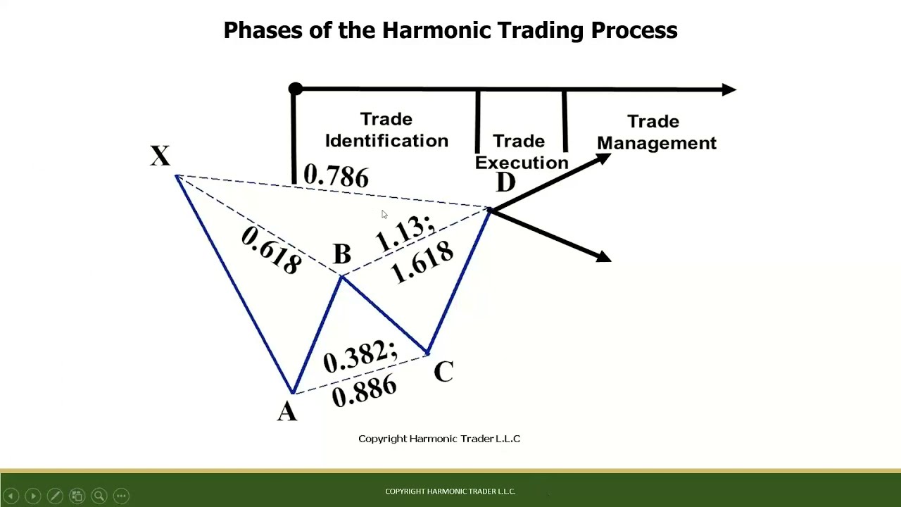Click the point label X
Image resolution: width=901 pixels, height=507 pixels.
pyautogui.click(x=160, y=156)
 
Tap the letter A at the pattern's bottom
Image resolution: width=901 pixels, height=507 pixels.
pyautogui.click(x=287, y=411)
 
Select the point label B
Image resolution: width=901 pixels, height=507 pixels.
pyautogui.click(x=342, y=254)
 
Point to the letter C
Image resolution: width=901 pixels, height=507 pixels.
pyautogui.click(x=443, y=371)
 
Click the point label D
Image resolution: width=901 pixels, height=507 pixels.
pyautogui.click(x=505, y=183)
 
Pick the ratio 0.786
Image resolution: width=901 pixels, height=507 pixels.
pyautogui.click(x=336, y=176)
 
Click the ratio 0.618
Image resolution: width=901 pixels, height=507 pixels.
pyautogui.click(x=271, y=250)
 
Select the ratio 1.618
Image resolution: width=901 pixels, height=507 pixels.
pyautogui.click(x=422, y=262)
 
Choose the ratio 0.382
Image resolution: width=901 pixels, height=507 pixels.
pyautogui.click(x=360, y=356)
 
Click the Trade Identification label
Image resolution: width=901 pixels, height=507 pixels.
pyautogui.click(x=386, y=130)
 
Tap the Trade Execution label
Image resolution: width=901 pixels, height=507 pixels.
pyautogui.click(x=521, y=151)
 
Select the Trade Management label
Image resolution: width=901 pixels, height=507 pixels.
pyautogui.click(x=656, y=132)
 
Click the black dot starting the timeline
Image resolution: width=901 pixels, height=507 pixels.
pyautogui.click(x=296, y=89)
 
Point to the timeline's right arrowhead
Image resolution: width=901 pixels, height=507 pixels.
pyautogui.click(x=729, y=89)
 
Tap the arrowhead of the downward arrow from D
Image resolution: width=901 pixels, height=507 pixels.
pyautogui.click(x=604, y=257)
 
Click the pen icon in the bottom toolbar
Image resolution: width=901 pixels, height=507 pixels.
pyautogui.click(x=55, y=496)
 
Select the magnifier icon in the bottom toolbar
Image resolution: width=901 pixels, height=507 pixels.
pyautogui.click(x=99, y=496)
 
